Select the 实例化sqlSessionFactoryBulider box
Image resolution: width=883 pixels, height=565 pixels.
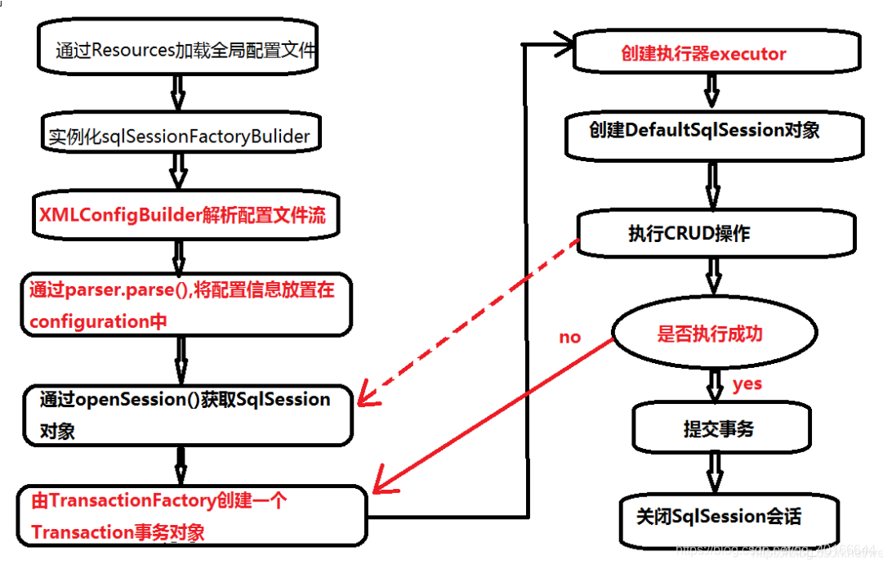(178, 136)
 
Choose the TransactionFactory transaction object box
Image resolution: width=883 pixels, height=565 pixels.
(193, 516)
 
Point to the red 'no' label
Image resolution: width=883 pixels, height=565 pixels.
(570, 337)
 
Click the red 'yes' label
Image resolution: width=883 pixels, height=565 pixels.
(747, 383)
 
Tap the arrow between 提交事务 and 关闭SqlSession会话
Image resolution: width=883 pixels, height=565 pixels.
(715, 473)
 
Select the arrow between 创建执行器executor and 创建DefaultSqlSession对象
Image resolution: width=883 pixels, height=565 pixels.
(711, 90)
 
